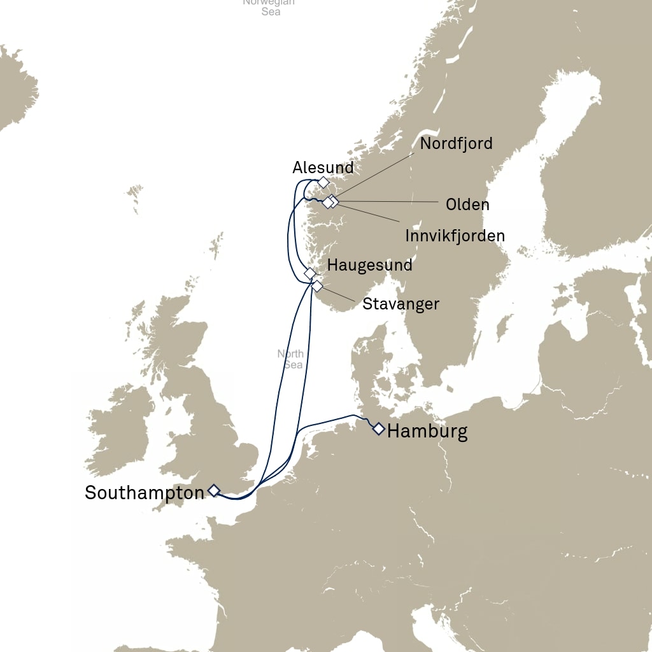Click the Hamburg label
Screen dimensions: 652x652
427,432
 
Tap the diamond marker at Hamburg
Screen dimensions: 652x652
379,429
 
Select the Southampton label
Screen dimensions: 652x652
145,492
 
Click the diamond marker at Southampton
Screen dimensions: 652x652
214,490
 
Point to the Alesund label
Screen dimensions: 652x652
323,168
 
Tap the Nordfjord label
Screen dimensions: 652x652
456,143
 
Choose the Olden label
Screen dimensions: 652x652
467,204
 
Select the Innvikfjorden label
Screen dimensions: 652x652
455,236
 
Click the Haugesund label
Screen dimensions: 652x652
369,265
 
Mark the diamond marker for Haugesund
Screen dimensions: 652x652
310,273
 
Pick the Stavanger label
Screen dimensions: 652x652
400,304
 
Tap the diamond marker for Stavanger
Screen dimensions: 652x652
316,286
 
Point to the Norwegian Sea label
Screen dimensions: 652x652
270,6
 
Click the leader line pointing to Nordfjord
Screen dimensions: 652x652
382,172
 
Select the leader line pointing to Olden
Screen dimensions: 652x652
388,202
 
